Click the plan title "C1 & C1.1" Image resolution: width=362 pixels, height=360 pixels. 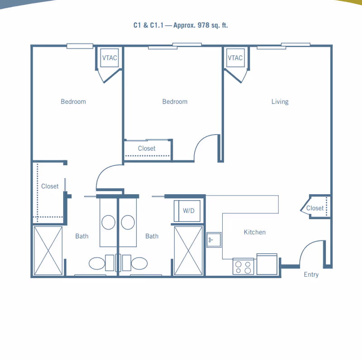pos(148,25)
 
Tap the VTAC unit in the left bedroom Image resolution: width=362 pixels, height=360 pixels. pos(110,58)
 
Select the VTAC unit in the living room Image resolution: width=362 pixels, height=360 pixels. pos(235,58)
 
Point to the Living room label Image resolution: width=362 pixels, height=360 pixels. pos(280,102)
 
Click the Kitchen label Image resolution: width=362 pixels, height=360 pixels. pos(255,232)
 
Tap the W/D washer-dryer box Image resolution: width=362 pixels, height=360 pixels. pos(187,211)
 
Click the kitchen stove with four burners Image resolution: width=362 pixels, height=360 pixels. pos(243,266)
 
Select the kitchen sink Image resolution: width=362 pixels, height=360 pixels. pos(214,240)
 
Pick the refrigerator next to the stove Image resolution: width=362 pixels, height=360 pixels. pos(267,264)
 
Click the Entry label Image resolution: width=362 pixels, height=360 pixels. pos(311,274)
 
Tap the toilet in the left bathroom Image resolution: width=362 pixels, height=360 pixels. pos(101,263)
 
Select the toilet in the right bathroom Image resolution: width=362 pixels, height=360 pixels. pos(135,263)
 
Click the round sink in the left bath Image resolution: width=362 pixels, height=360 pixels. pos(109,222)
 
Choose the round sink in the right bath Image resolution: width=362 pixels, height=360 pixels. pos(128,222)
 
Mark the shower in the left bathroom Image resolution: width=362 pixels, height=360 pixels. pos(48,251)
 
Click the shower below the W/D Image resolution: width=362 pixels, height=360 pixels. pos(188,251)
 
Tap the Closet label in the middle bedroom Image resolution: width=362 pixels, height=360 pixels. pos(147,149)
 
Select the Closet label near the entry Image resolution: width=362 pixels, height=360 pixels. pos(315,208)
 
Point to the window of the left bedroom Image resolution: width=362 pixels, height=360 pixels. pos(80,46)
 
